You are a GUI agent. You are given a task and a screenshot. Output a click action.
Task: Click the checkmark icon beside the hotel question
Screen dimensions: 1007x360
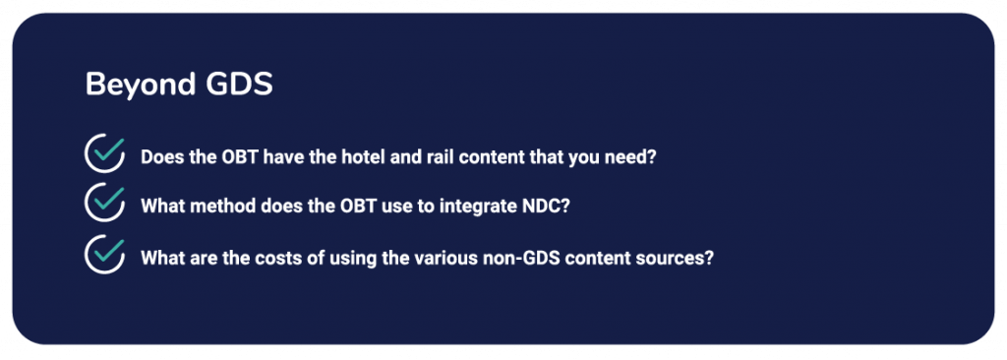coord(104,153)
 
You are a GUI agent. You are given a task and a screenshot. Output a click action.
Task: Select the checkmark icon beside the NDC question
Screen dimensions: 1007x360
coord(104,202)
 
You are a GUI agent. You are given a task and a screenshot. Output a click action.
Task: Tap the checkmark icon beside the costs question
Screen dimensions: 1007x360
coord(104,254)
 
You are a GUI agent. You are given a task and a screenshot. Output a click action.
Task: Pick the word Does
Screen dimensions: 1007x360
coord(158,157)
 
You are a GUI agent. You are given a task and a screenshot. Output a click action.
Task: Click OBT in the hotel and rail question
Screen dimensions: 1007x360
coord(221,157)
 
